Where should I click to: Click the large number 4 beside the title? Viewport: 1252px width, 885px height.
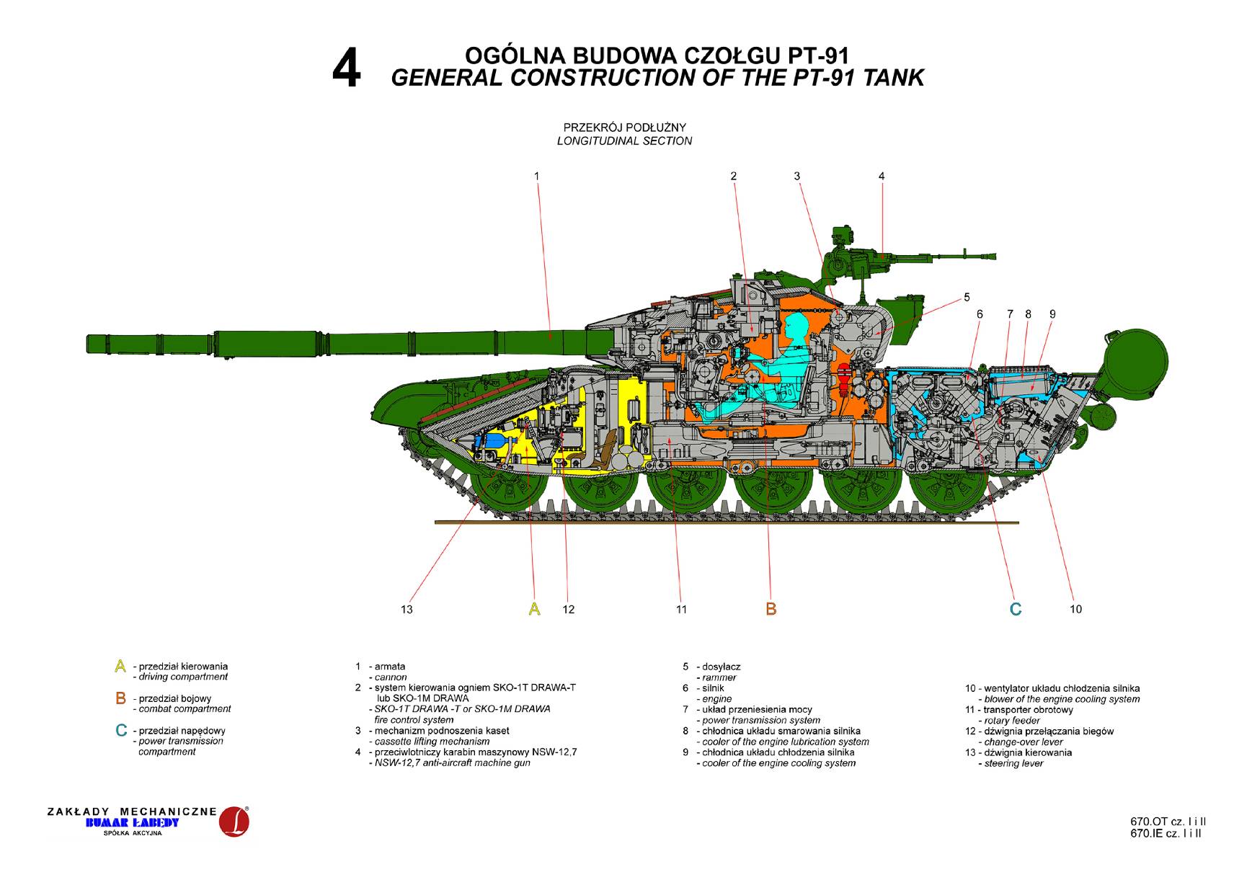pyautogui.click(x=346, y=71)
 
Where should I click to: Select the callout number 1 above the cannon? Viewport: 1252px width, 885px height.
pyautogui.click(x=536, y=176)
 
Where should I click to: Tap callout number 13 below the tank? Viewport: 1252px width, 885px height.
pyautogui.click(x=407, y=610)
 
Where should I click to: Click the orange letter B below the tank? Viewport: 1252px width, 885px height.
pyautogui.click(x=771, y=609)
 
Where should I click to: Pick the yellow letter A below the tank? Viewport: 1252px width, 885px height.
pyautogui.click(x=534, y=609)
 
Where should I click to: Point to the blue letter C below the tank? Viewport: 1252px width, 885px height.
pyautogui.click(x=1016, y=609)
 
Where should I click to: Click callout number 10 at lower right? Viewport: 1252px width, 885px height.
pyautogui.click(x=1075, y=609)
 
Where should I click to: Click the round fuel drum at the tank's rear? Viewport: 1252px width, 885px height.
pyautogui.click(x=1135, y=363)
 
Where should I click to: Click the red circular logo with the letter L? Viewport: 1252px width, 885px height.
pyautogui.click(x=234, y=822)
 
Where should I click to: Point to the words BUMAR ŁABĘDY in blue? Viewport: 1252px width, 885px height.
pyautogui.click(x=132, y=823)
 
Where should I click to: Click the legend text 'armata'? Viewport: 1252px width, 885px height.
pyautogui.click(x=390, y=667)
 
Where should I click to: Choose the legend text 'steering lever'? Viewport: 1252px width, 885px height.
pyautogui.click(x=1013, y=763)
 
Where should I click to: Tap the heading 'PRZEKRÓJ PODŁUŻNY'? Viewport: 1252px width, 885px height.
pyautogui.click(x=624, y=128)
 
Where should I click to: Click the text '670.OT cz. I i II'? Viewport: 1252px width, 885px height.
pyautogui.click(x=1168, y=822)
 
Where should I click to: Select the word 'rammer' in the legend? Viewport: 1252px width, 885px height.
pyautogui.click(x=719, y=677)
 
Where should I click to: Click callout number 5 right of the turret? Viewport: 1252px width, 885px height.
pyautogui.click(x=967, y=297)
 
